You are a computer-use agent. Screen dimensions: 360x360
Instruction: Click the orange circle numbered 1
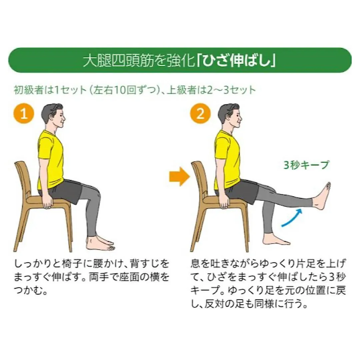click(24, 115)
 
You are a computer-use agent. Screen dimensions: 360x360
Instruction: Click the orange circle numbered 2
click(200, 115)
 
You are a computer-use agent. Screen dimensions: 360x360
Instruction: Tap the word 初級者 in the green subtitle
click(25, 90)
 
